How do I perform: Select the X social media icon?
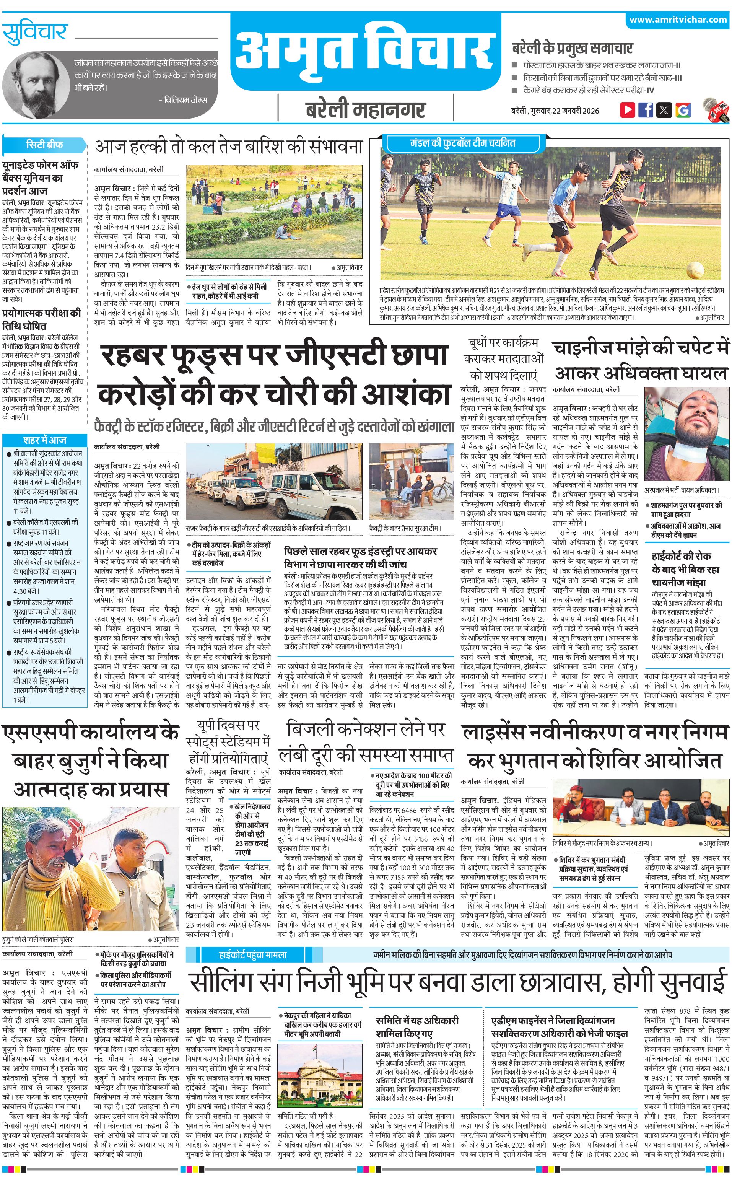coord(664,109)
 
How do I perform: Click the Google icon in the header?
coord(683,109)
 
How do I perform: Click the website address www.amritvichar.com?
coord(678,20)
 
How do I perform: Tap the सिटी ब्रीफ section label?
coord(44,144)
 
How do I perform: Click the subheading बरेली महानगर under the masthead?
coord(366,110)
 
